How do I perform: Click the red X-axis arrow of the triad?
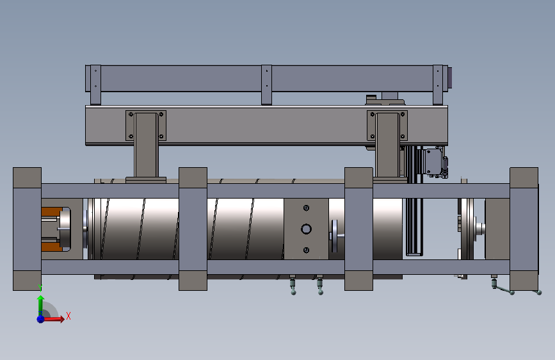(x=53, y=319)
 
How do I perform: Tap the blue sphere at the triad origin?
(x=41, y=319)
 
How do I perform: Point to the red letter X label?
(x=68, y=316)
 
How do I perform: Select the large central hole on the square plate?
(x=306, y=229)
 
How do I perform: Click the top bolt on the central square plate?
(x=306, y=208)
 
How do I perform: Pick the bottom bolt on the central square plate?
(x=306, y=250)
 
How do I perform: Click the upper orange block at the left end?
(x=51, y=212)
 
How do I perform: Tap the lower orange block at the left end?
(x=51, y=247)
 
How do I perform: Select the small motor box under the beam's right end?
(x=433, y=162)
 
